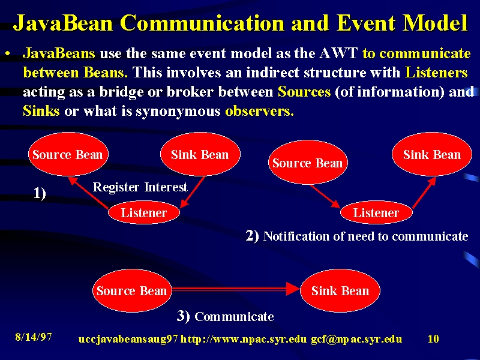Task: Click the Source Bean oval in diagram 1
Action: point(68,154)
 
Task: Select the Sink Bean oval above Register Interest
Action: point(200,154)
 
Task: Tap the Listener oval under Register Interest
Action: point(144,212)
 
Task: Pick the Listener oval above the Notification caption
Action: point(376,212)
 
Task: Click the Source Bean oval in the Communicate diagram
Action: point(132,290)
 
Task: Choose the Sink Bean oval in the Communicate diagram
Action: point(340,290)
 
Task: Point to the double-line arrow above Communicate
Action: point(236,289)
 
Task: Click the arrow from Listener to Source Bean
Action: point(88,193)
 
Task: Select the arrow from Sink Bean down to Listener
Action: point(193,192)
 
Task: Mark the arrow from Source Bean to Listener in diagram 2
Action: point(325,197)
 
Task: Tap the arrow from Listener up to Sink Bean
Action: point(424,193)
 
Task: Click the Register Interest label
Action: point(140,187)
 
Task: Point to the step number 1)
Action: point(40,193)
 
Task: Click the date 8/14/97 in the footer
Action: point(34,337)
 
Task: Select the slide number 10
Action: point(433,338)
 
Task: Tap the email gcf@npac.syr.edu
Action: point(356,339)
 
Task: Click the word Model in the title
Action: point(435,22)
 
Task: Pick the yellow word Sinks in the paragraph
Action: point(41,110)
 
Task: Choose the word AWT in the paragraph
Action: point(338,53)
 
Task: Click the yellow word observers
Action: point(260,111)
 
